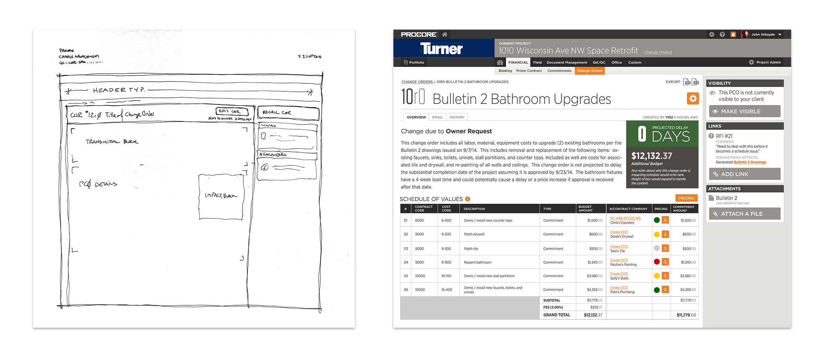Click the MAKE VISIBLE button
click(744, 111)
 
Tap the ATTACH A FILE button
click(744, 214)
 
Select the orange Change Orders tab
click(590, 71)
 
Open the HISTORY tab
click(457, 117)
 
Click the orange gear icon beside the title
click(693, 98)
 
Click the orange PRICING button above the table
click(686, 198)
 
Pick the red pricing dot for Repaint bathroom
click(656, 262)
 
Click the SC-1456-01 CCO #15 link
click(625, 218)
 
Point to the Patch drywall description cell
click(474, 234)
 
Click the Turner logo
click(441, 48)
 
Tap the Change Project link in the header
click(658, 52)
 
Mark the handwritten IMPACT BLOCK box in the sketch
click(221, 196)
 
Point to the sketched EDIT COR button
click(232, 111)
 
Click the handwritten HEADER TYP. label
click(119, 90)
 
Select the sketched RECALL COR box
click(287, 113)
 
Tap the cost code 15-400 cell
click(446, 290)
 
